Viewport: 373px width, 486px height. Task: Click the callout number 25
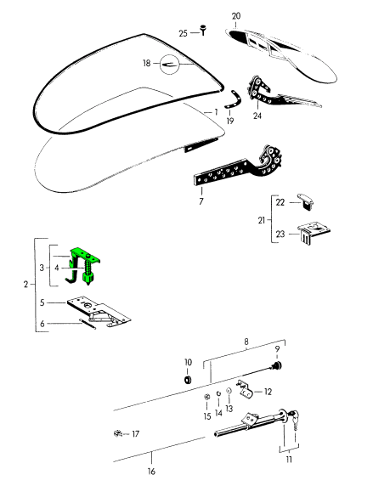184,33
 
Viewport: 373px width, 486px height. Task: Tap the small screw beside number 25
203,30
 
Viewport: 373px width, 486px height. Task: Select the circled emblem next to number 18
170,65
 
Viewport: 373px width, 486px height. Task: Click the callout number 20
236,16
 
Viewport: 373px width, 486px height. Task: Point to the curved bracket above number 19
235,99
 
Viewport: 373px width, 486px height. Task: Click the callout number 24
257,116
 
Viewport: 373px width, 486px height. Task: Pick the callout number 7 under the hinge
201,201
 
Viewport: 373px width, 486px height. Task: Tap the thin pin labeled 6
88,324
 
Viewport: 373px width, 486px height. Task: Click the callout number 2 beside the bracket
25,285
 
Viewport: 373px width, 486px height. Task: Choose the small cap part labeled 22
306,202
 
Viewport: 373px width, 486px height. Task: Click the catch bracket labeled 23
314,233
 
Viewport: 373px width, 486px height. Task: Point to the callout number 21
262,220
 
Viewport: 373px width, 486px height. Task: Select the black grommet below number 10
188,380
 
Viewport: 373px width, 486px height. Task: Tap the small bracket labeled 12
246,388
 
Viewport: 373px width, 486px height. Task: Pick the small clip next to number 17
118,433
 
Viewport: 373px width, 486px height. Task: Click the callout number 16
151,472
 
